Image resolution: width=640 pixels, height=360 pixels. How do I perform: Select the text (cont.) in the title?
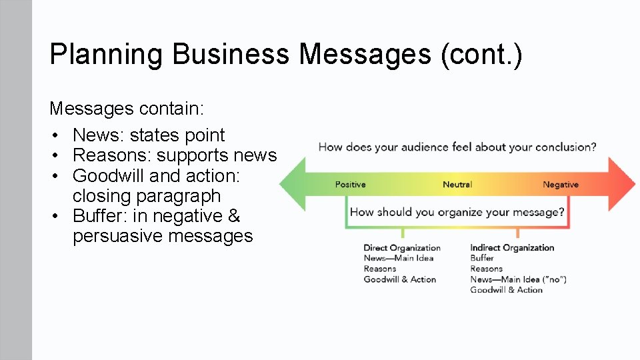pos(481,55)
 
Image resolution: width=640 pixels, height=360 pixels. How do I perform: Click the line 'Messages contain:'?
pos(126,108)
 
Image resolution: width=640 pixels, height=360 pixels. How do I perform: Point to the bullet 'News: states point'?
pos(149,135)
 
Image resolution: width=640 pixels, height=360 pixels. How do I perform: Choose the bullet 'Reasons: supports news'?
pos(174,155)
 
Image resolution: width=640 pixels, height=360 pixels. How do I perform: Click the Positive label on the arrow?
pos(350,185)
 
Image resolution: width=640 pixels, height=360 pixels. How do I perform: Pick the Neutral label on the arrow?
pos(457,185)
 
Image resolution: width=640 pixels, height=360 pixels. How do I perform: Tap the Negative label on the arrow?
pos(561,185)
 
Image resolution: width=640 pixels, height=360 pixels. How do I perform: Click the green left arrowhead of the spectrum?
pos(292,185)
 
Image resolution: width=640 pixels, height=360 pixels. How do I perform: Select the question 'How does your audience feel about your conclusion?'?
pos(457,147)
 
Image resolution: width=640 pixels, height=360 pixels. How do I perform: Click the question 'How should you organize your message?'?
pos(457,213)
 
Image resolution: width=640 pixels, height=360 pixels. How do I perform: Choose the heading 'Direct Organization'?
pos(402,248)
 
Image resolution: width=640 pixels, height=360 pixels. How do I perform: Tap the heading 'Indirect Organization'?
pos(512,248)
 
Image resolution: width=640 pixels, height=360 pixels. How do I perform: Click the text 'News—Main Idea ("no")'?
pos(518,279)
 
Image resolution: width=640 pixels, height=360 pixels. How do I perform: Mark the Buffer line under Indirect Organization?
pos(482,258)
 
